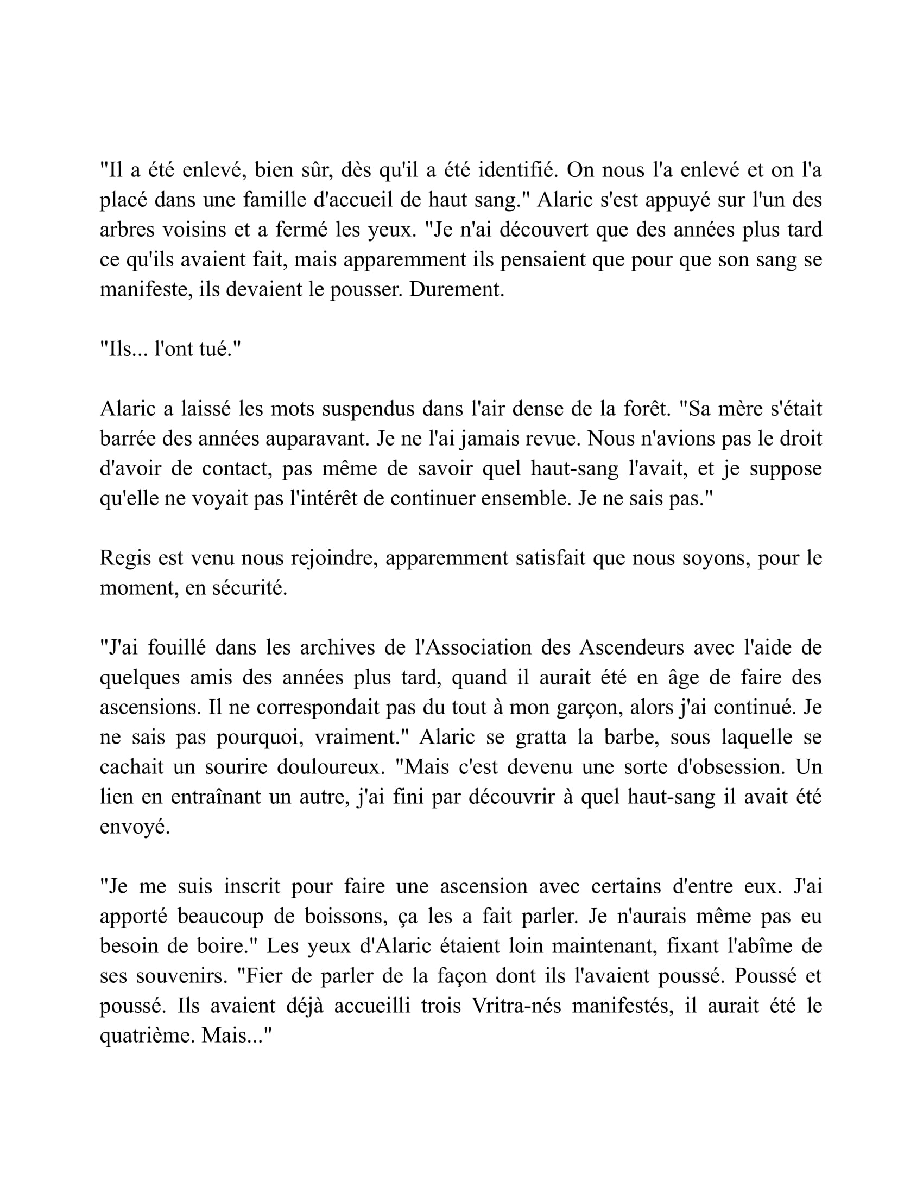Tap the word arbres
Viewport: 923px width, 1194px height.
127,230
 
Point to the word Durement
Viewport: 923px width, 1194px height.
457,290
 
